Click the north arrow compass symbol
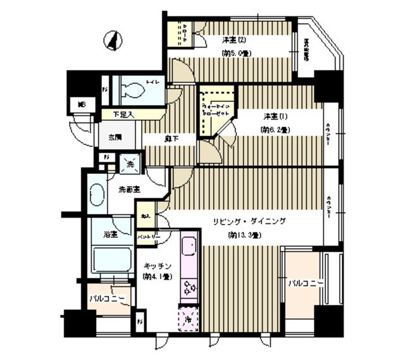coord(113,42)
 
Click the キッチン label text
coord(154,266)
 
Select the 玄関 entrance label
coord(114,137)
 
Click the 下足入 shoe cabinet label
coord(123,115)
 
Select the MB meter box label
coord(81,104)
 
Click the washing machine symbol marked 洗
coord(129,163)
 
